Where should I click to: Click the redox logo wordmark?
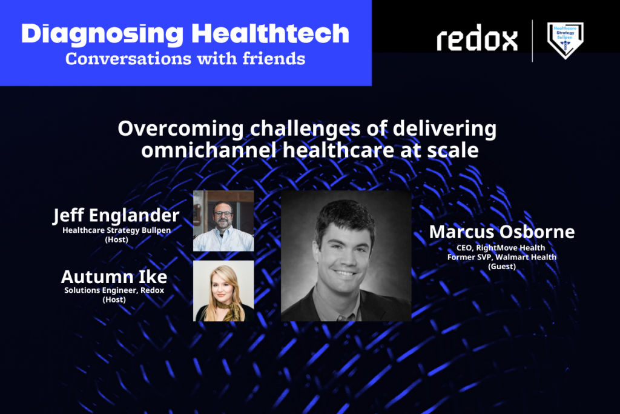(477, 38)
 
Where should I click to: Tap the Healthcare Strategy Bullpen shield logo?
(565, 40)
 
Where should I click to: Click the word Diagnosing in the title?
(102, 35)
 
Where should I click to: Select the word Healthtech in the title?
(271, 33)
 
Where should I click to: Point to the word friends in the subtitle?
(274, 59)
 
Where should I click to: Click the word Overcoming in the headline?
(180, 129)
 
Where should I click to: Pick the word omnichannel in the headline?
(209, 150)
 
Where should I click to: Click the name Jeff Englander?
(116, 216)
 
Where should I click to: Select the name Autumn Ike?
(114, 276)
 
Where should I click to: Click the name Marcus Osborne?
(502, 232)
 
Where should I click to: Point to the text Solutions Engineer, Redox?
(114, 290)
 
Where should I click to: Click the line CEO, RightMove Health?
(501, 248)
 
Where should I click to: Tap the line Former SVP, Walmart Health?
(502, 257)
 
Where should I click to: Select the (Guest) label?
(502, 266)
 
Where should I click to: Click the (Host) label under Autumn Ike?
(114, 299)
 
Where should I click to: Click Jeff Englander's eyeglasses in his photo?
(223, 214)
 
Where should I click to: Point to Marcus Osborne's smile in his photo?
(345, 273)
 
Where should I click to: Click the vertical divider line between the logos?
(532, 41)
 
